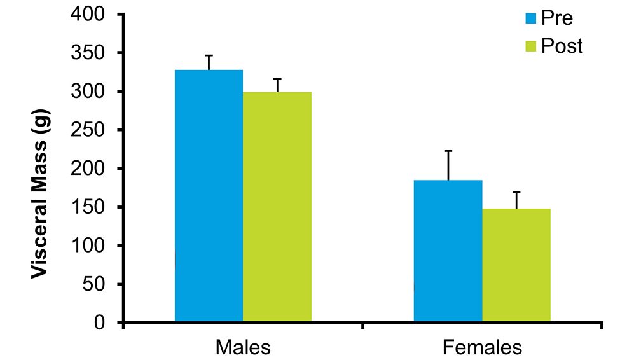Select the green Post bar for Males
click(x=277, y=207)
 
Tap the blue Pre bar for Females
click(x=448, y=251)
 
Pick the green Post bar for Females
click(x=516, y=265)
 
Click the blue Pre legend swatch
click(x=531, y=18)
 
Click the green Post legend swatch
click(x=531, y=46)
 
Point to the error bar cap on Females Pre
click(x=448, y=151)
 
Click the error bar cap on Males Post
click(x=277, y=79)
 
